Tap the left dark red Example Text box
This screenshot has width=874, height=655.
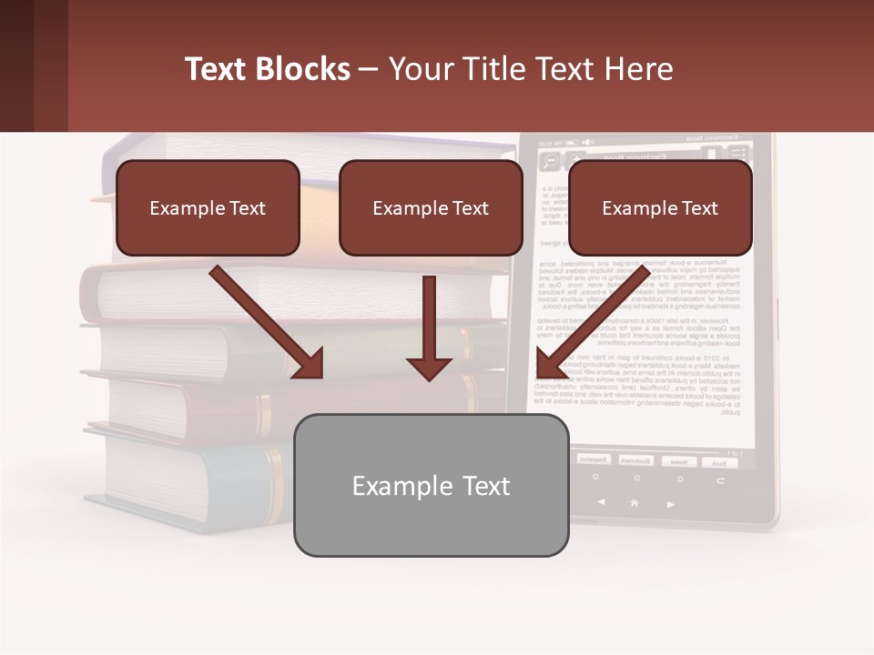(x=208, y=208)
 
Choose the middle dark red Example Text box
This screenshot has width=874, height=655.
(x=431, y=208)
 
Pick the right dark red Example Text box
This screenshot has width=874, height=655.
(x=660, y=208)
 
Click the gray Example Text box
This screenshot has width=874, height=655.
(x=431, y=485)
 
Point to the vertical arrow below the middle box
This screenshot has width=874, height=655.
(x=429, y=327)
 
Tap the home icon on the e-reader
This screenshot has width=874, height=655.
(x=635, y=502)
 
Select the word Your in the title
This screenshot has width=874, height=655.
(x=422, y=69)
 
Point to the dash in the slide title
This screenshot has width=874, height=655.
(x=369, y=69)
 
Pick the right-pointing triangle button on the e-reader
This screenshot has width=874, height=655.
(x=671, y=503)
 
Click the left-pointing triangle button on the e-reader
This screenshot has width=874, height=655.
(x=601, y=502)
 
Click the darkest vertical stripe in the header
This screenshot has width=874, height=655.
(x=16, y=65)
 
